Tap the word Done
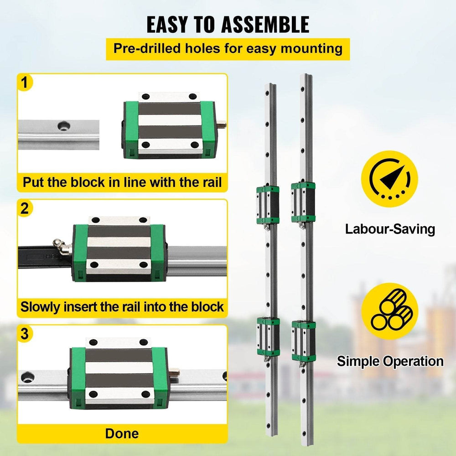click(122, 433)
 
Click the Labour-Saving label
click(390, 229)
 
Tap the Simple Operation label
click(390, 362)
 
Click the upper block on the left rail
click(268, 204)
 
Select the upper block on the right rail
click(303, 202)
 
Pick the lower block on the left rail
click(268, 337)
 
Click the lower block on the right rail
click(303, 341)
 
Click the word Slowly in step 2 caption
click(41, 306)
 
